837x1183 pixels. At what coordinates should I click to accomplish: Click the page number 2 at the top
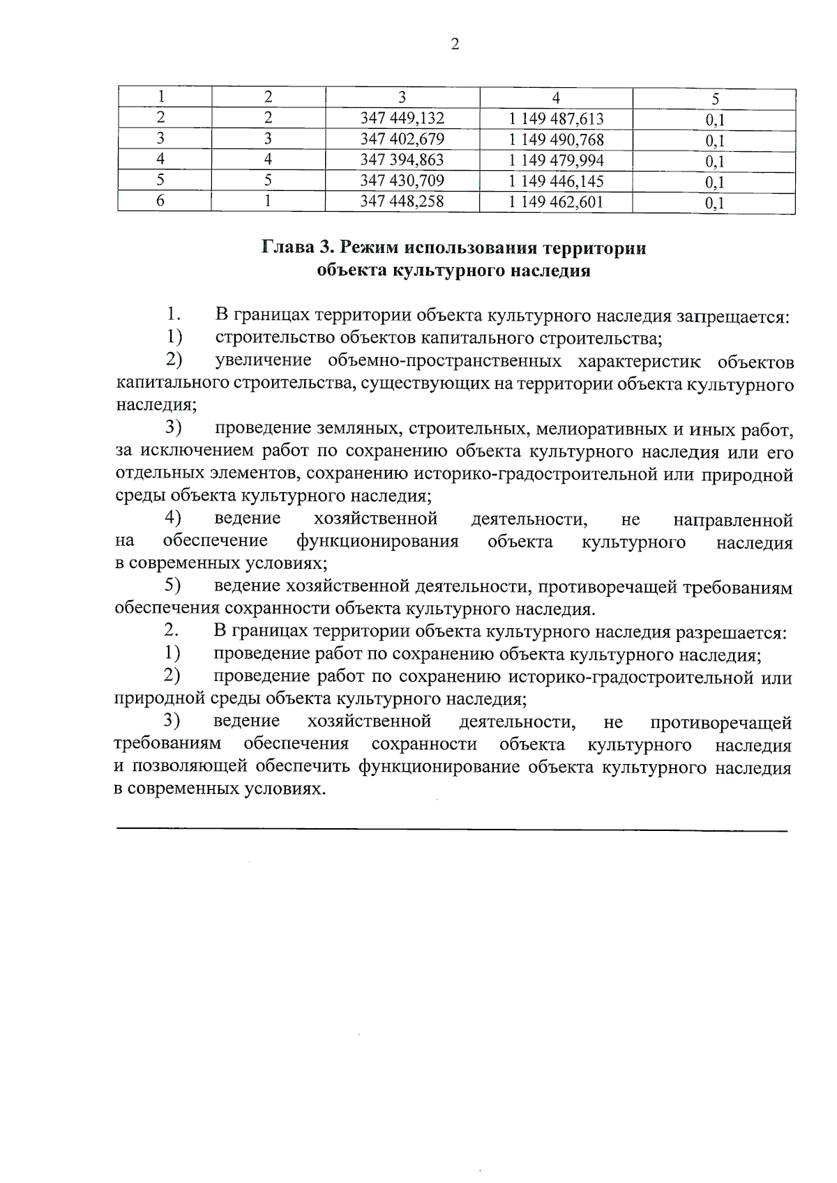[x=455, y=45]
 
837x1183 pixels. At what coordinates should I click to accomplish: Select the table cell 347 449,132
[x=402, y=119]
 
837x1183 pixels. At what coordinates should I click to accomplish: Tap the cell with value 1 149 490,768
[x=556, y=139]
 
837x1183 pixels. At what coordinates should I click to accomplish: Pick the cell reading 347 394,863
[x=402, y=160]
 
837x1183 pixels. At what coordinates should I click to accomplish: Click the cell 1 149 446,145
[x=556, y=181]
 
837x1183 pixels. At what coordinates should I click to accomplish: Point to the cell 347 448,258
[x=402, y=202]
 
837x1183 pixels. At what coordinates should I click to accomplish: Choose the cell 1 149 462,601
[x=556, y=202]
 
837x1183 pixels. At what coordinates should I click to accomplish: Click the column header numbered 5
[x=715, y=98]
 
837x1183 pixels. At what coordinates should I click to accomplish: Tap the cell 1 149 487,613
[x=556, y=119]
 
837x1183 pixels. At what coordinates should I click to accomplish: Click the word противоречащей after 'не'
[x=721, y=722]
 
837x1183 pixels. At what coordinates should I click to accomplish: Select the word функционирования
[x=377, y=542]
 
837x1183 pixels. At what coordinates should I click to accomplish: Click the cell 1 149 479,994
[x=556, y=160]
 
